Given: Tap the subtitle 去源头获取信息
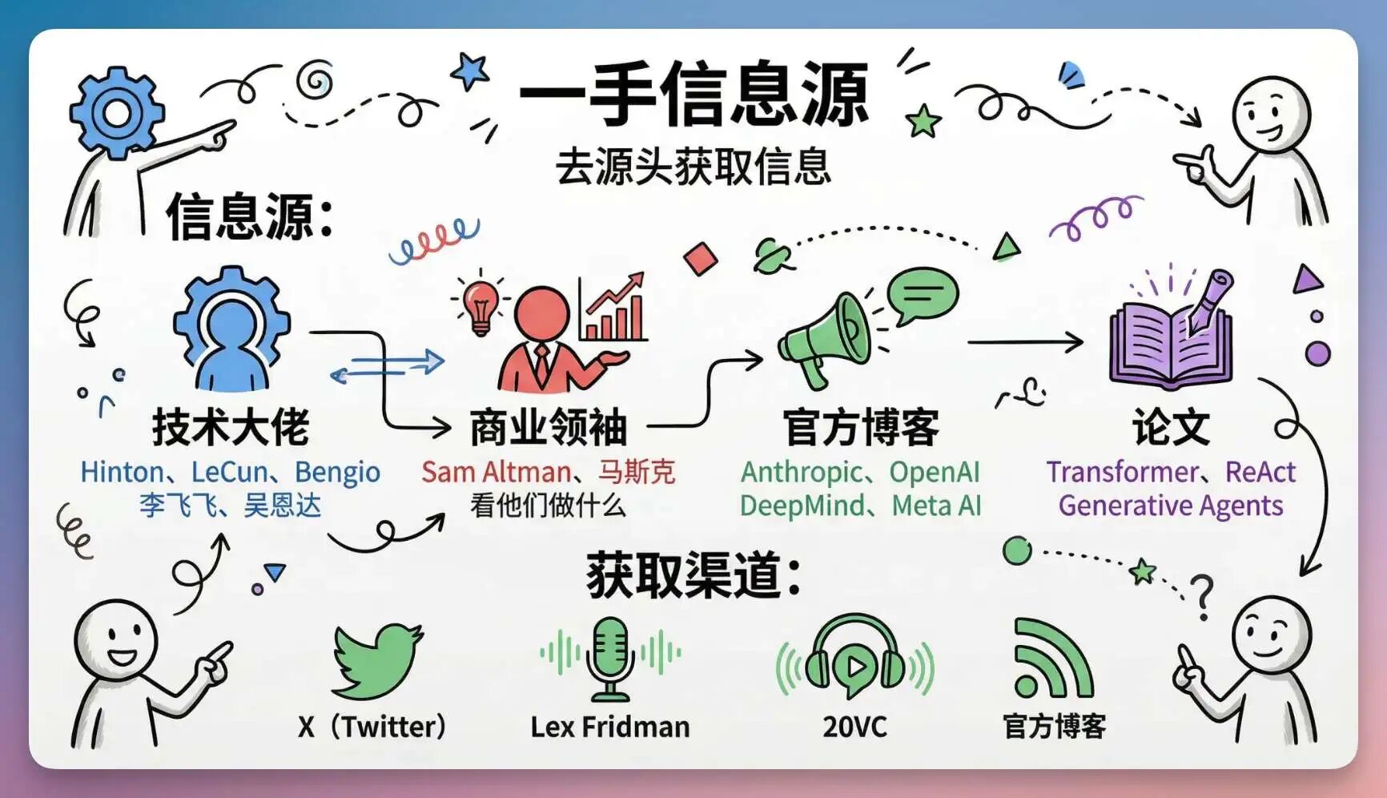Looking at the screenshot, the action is click(x=693, y=167).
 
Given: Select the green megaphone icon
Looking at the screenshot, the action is click(x=823, y=340).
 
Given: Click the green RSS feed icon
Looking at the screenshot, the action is click(x=1051, y=659).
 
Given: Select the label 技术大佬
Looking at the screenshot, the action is click(x=231, y=426).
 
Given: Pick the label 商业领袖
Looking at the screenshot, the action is click(x=549, y=426).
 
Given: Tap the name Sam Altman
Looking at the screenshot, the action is click(x=497, y=472).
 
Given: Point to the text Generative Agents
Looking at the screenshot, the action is click(x=1171, y=506).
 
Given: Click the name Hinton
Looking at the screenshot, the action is click(x=122, y=472).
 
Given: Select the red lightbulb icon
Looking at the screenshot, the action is click(x=480, y=306).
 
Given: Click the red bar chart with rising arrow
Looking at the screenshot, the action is click(x=613, y=308).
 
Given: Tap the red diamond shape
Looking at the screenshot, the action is click(x=701, y=259).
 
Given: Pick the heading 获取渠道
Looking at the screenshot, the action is click(x=693, y=575).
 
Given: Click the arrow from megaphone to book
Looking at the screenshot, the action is click(x=1025, y=342).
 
